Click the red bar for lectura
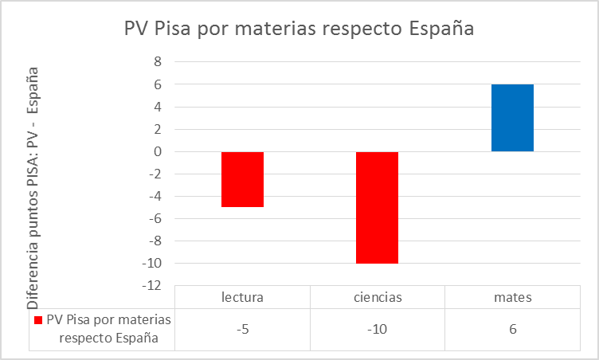242,179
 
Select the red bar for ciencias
377,207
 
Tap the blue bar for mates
512,118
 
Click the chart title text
299,29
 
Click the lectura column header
242,297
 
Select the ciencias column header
377,297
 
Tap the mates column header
512,297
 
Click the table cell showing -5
242,328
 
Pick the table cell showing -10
377,328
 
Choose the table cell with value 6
512,328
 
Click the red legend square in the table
38,320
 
